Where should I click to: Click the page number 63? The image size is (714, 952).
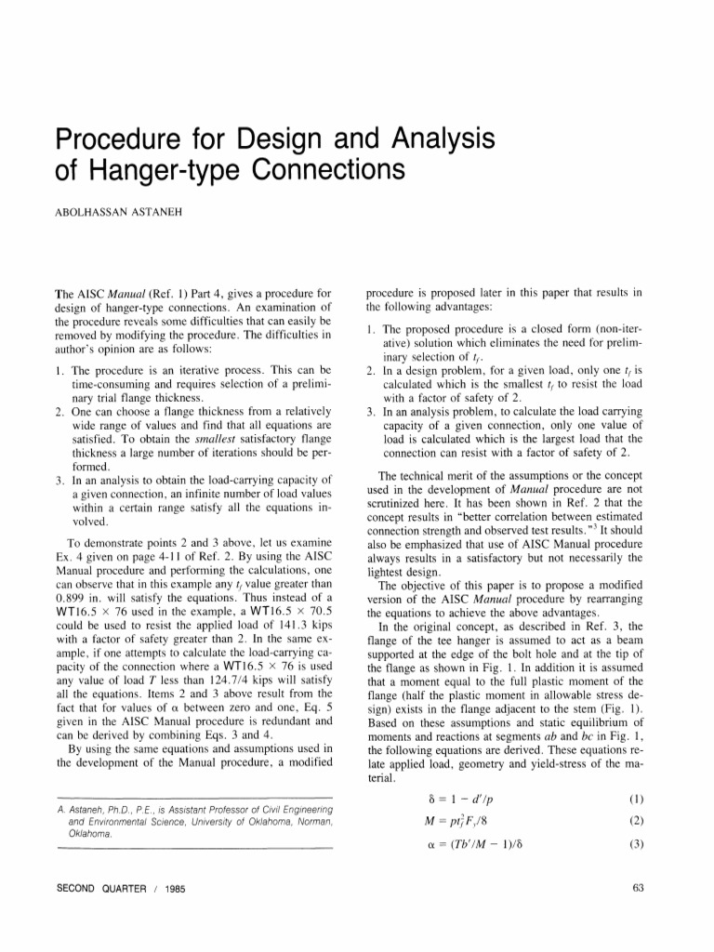pyautogui.click(x=638, y=888)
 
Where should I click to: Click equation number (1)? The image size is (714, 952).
pyautogui.click(x=637, y=799)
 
